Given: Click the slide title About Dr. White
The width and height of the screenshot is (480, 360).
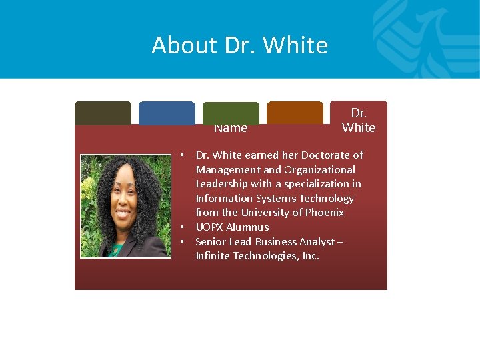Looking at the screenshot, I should click(240, 45).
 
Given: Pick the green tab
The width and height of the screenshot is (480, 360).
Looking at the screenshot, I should click(231, 112).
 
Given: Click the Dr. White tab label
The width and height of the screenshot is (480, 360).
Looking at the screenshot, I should click(359, 120).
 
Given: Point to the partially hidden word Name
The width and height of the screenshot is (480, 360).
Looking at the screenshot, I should click(231, 128).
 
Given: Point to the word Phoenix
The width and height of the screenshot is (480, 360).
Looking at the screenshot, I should click(325, 213).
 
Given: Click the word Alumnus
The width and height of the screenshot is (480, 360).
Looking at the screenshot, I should click(249, 227).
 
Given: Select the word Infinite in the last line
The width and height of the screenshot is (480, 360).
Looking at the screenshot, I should click(213, 256).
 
